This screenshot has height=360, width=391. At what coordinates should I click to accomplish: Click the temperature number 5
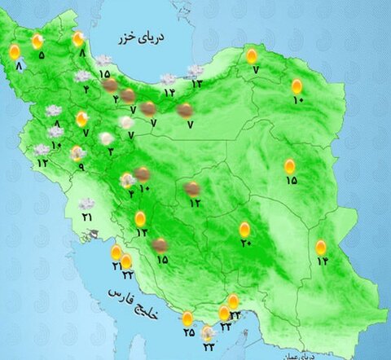click(42, 55)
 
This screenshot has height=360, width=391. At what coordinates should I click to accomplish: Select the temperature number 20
click(245, 243)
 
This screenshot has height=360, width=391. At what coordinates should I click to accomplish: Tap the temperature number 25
click(188, 331)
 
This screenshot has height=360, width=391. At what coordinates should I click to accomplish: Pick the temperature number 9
click(80, 168)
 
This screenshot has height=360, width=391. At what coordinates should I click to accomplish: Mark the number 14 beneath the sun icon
click(322, 261)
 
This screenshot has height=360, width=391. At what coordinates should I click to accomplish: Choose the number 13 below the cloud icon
click(196, 83)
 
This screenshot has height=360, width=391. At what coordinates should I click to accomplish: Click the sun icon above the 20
click(245, 229)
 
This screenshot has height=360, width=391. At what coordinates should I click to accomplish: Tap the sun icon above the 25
click(188, 318)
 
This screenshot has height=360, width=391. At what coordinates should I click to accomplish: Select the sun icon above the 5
click(37, 41)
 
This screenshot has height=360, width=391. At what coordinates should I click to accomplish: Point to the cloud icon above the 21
click(86, 204)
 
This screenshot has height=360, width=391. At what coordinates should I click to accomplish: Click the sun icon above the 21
click(116, 252)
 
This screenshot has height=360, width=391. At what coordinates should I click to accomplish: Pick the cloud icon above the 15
click(104, 60)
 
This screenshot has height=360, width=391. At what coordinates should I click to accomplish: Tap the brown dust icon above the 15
click(161, 244)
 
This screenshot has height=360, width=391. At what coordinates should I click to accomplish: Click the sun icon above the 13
click(141, 218)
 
